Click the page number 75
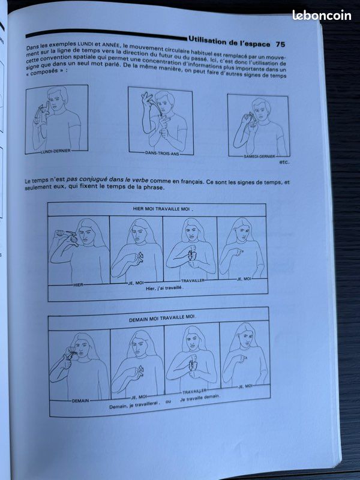[280, 44]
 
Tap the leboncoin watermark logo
[322, 15]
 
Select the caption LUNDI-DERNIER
[56, 151]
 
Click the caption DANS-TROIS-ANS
[162, 154]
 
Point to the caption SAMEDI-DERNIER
[259, 157]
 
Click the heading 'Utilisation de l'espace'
[229, 41]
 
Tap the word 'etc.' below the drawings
[284, 162]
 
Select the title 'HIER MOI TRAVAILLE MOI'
[161, 209]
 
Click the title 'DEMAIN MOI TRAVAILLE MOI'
[161, 319]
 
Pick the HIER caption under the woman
[79, 285]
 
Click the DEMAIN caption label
[80, 400]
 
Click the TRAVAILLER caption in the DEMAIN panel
[194, 392]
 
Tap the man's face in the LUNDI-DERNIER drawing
[56, 101]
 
